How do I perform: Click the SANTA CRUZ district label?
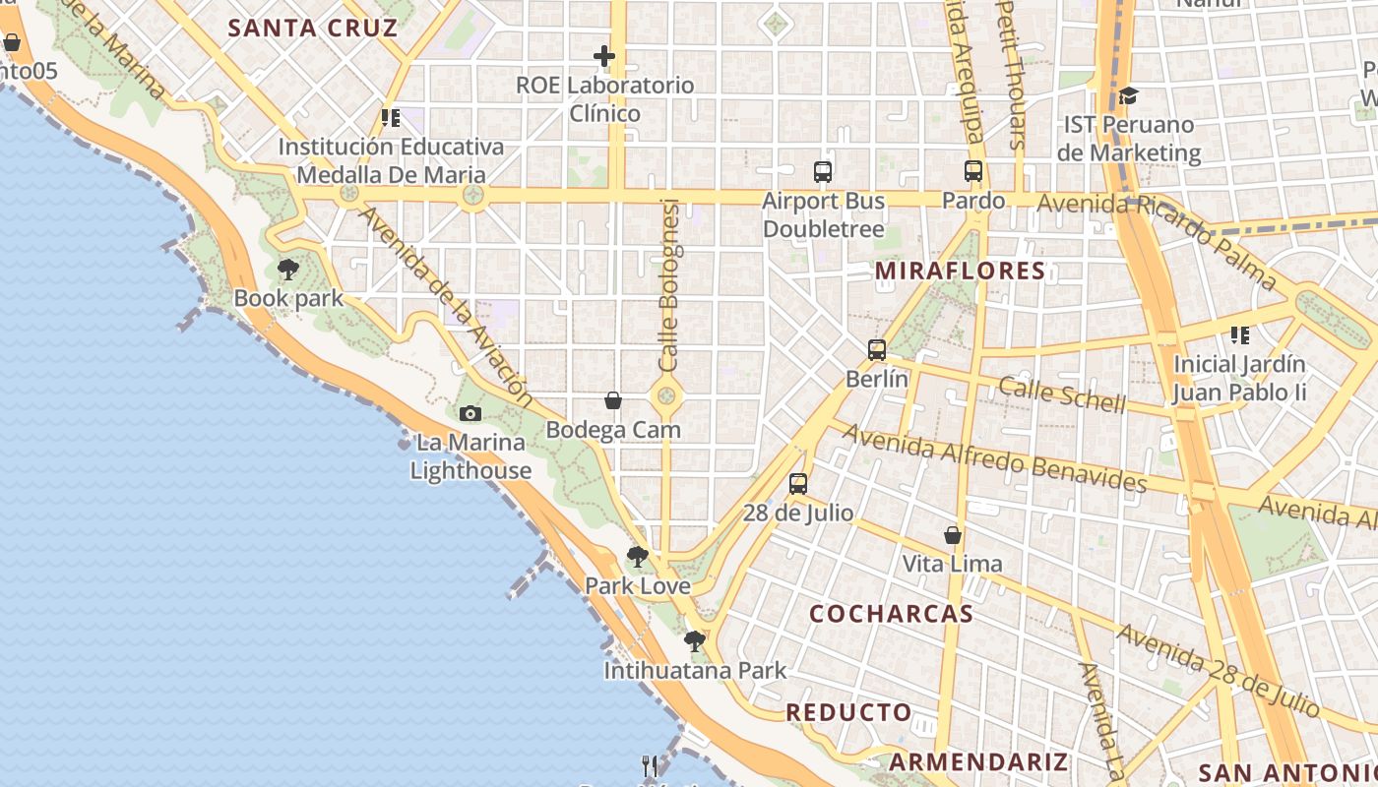coord(313,28)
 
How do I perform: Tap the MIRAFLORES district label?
coord(960,271)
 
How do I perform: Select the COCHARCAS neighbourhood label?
coord(891,614)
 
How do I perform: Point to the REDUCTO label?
coord(848,712)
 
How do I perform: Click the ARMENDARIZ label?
coord(978,761)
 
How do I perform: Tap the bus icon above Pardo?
coord(973,171)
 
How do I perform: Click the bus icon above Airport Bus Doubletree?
coord(823,172)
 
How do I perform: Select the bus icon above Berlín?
coord(876,349)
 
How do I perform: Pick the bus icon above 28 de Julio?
coord(797,483)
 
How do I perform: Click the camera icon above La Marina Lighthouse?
coord(470,413)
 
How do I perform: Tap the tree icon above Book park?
coord(287,269)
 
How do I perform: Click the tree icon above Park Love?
coord(638,557)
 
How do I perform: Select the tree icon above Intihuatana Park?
coord(695,641)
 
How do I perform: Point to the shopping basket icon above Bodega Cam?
coord(612,400)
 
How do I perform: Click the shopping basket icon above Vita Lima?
coord(953,535)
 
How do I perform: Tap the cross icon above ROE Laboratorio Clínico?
coord(604,57)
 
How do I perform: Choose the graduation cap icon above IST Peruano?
coord(1128,95)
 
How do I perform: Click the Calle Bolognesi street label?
coord(669,285)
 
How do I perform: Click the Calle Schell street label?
coord(1062,393)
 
